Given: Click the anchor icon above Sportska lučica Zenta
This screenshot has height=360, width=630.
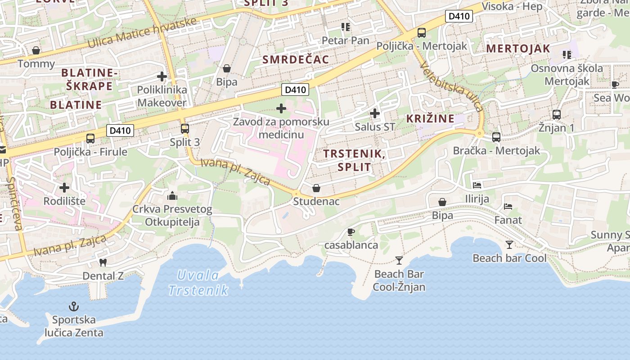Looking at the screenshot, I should [x=73, y=307].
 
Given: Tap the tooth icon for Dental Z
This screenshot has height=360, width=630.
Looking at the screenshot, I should [x=103, y=262].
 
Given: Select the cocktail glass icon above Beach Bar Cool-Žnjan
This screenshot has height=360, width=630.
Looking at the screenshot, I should [x=399, y=260].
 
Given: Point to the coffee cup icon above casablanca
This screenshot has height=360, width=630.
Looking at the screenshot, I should [x=351, y=232].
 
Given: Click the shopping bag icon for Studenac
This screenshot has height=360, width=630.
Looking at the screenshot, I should [x=316, y=188].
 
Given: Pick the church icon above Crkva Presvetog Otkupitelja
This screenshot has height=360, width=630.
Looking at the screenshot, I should [x=172, y=196].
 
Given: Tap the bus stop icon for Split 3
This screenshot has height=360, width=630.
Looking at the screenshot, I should [x=184, y=129].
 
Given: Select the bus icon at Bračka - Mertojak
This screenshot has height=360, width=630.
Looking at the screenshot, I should [x=496, y=137].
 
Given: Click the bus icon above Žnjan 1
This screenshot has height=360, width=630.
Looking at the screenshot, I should [x=557, y=114].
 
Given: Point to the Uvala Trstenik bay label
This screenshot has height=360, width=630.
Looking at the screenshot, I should [x=198, y=283].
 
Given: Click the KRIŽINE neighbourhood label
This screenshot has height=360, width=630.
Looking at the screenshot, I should [x=430, y=119].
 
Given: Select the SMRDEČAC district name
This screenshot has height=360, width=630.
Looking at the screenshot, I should [x=296, y=59].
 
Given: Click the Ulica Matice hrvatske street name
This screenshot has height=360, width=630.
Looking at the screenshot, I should [x=142, y=33].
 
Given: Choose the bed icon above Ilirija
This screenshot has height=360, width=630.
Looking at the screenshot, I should [x=477, y=185].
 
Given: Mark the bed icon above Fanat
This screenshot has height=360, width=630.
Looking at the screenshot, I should [x=508, y=207].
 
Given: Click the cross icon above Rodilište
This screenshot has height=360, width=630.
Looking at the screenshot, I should [x=64, y=187].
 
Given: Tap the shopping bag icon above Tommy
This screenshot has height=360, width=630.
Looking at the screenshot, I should [x=36, y=50].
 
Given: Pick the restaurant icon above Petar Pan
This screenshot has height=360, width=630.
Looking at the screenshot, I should [x=345, y=27].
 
